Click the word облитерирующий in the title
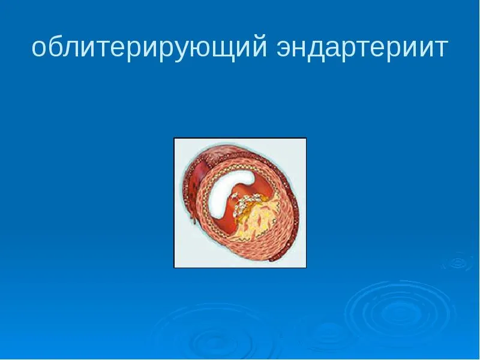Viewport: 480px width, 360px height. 149,48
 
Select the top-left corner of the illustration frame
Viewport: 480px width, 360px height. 174,138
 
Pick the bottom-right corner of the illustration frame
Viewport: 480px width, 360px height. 307,268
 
